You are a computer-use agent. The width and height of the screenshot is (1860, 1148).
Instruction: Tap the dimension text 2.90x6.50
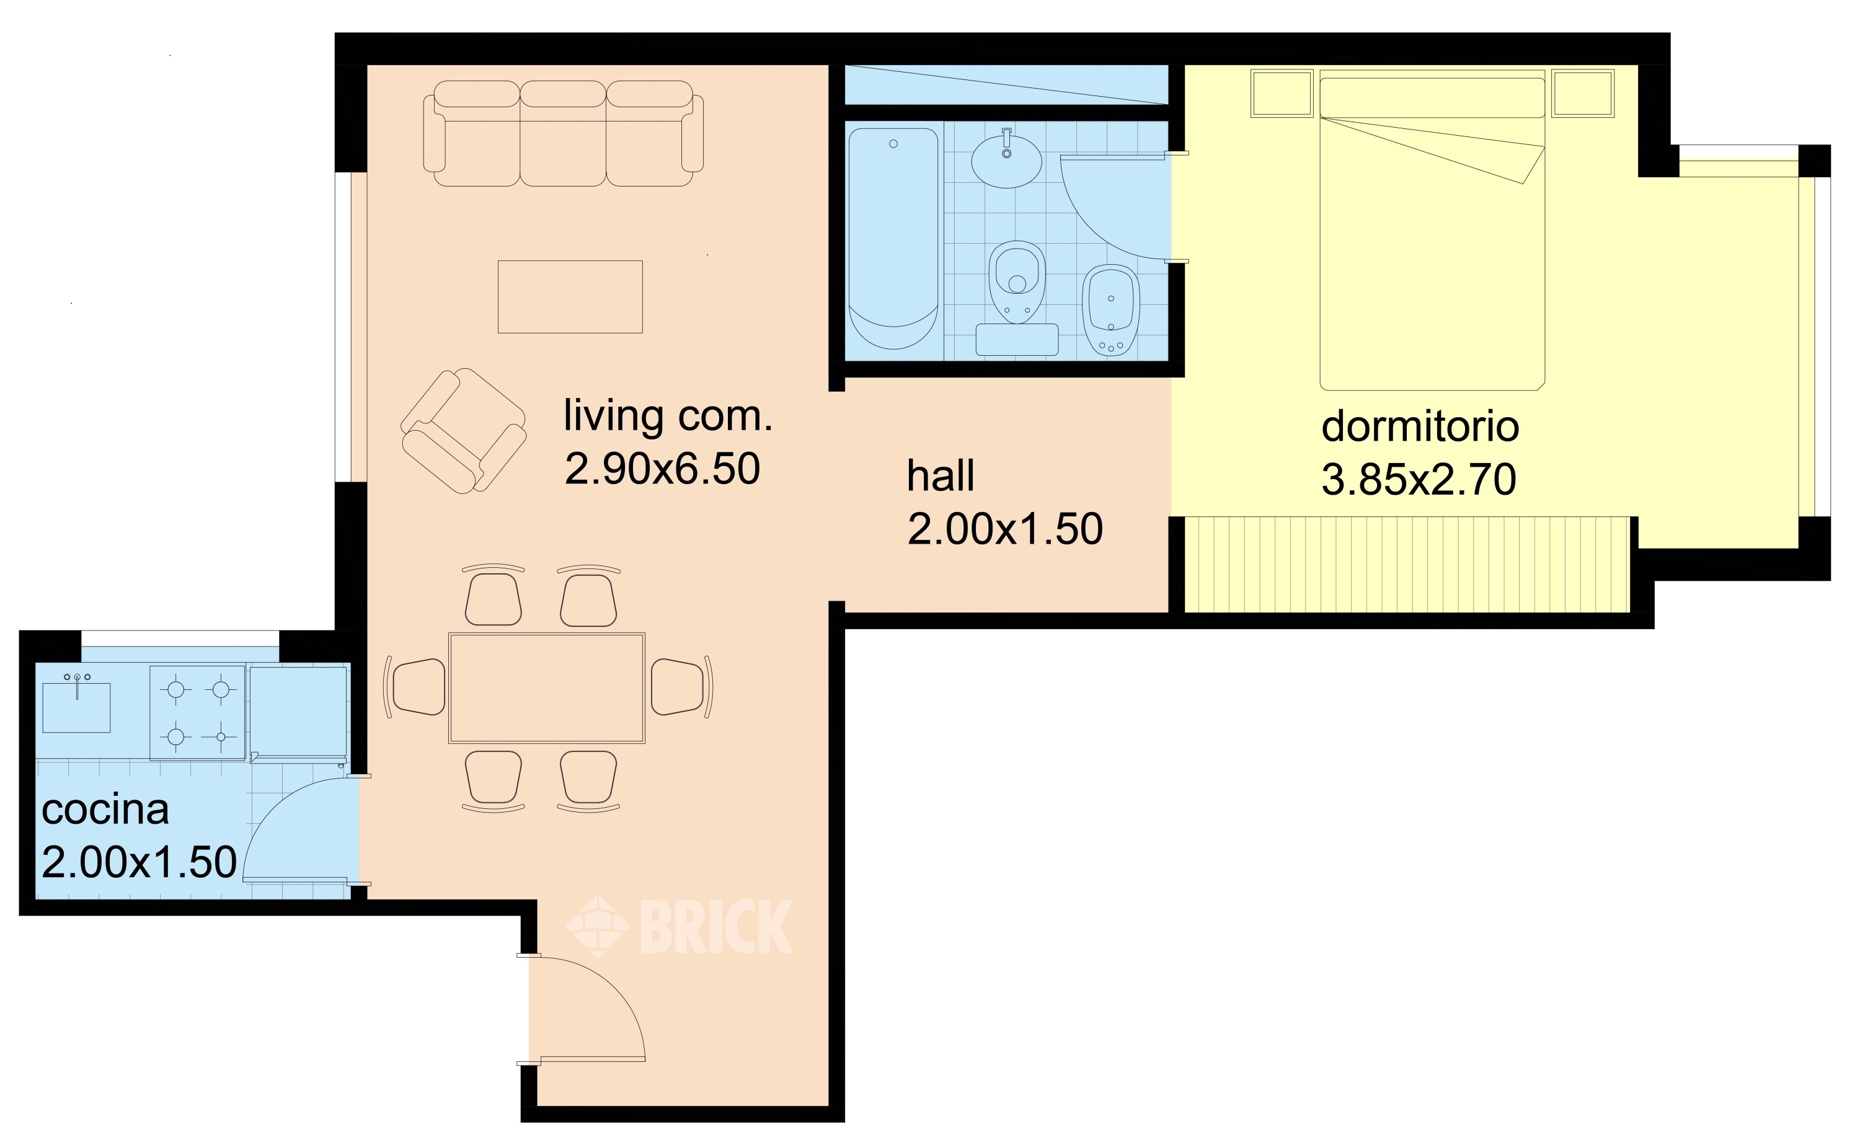tap(662, 469)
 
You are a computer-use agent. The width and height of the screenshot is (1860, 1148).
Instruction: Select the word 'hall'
tap(940, 475)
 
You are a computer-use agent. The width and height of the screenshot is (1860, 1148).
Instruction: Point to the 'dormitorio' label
tap(1420, 426)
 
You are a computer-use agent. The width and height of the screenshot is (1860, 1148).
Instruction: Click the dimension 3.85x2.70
tap(1419, 479)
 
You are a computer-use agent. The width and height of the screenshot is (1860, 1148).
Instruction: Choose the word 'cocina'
tap(105, 810)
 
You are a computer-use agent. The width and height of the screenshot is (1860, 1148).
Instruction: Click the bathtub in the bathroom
tap(893, 239)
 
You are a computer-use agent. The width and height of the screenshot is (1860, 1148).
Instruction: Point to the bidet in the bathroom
tap(1110, 310)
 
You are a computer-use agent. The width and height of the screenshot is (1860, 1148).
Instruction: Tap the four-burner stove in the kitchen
tap(197, 713)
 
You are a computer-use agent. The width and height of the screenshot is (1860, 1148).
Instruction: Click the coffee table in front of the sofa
tap(570, 297)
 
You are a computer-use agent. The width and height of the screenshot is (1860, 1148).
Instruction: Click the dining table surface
tap(547, 688)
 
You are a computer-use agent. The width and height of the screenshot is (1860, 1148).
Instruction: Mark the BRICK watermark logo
tap(680, 925)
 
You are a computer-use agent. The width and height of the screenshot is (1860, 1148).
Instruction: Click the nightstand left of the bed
tap(1282, 94)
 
